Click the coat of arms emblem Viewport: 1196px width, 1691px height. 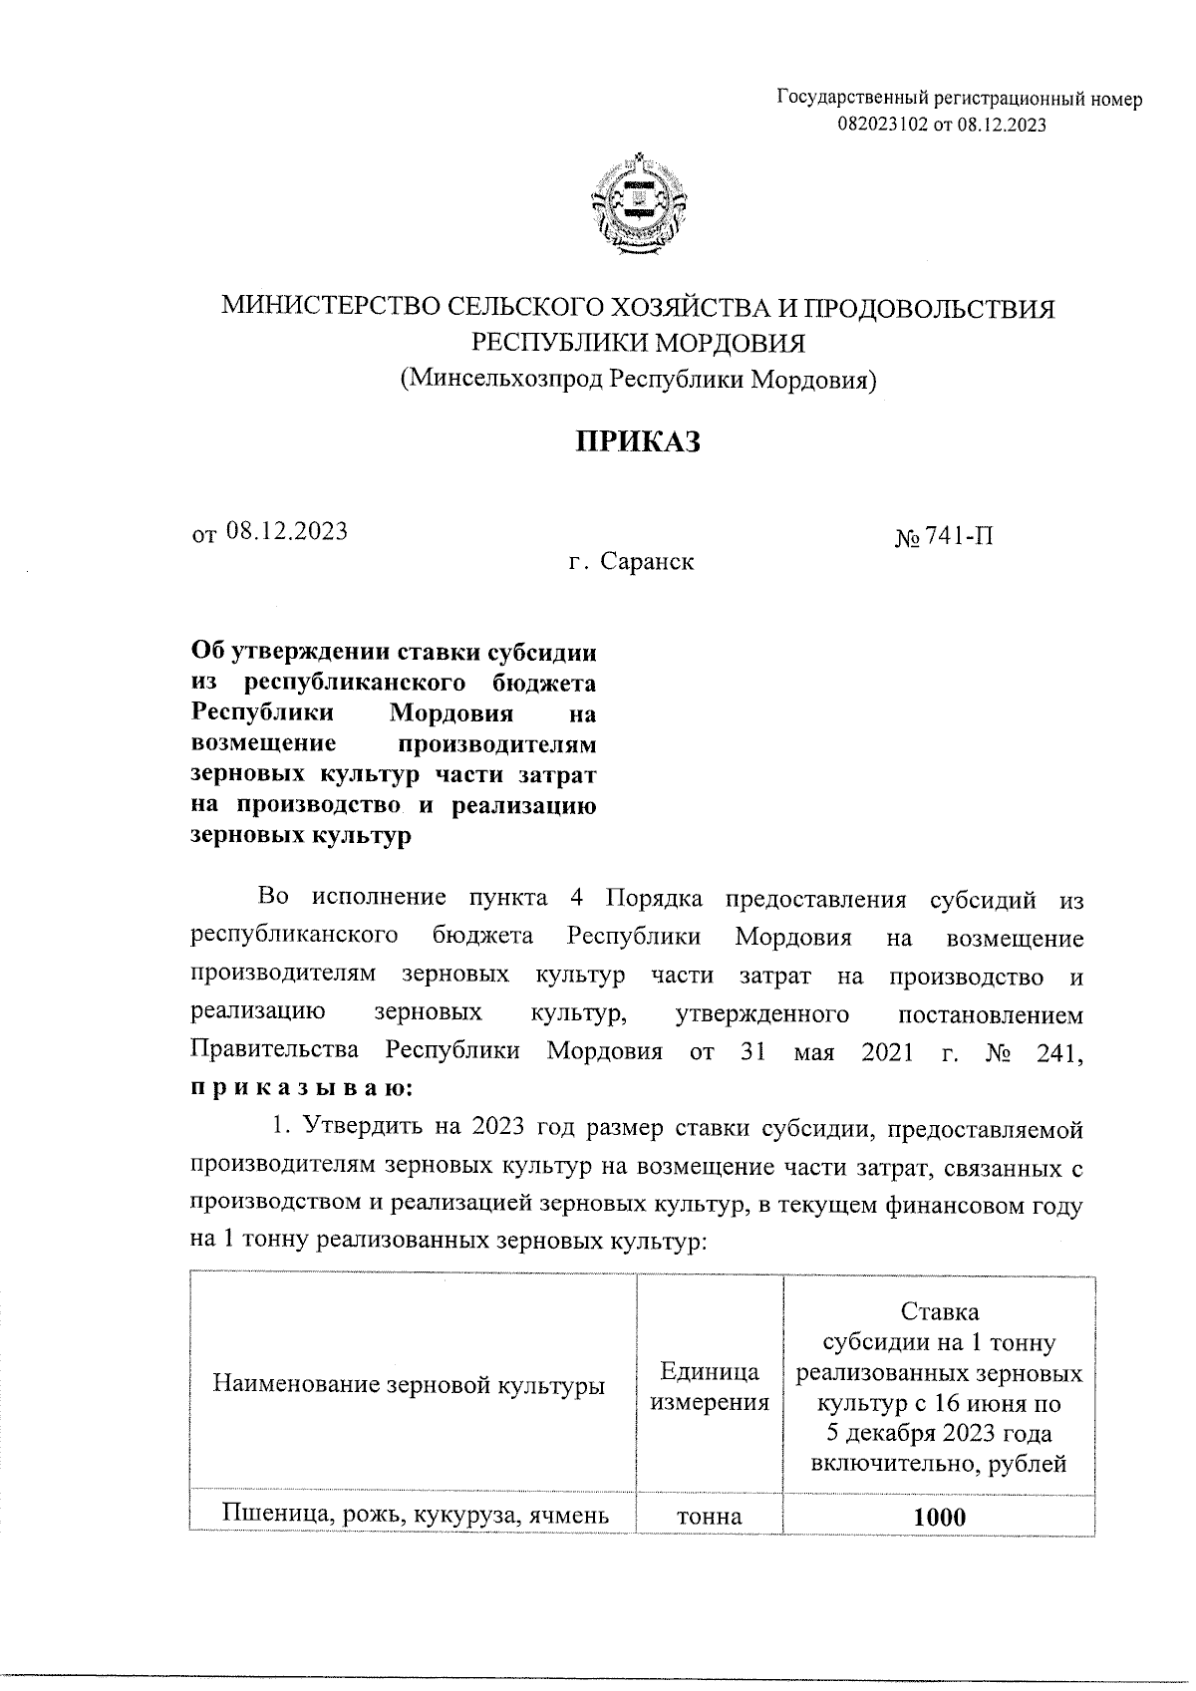637,204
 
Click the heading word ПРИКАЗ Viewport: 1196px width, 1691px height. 637,440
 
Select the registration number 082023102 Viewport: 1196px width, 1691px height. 881,125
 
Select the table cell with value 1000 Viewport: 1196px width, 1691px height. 939,1518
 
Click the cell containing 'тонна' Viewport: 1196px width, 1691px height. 710,1518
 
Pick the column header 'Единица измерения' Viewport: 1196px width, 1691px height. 710,1387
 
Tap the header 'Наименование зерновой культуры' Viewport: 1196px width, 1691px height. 410,1386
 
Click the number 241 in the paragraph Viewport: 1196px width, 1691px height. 1057,1053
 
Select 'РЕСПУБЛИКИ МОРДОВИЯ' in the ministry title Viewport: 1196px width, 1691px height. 637,343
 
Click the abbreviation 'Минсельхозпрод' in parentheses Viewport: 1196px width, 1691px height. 502,380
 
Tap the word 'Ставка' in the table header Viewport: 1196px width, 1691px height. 939,1310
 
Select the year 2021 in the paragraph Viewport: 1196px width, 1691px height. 886,1053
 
